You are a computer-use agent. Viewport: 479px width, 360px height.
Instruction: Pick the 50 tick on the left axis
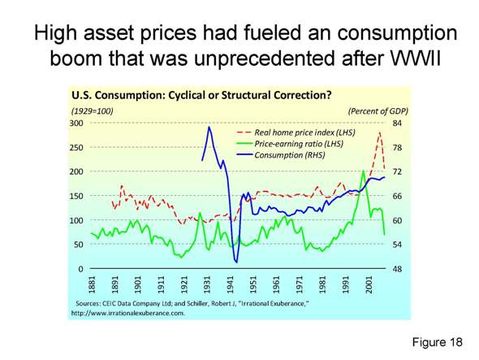78,245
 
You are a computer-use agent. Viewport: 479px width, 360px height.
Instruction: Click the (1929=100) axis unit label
93,110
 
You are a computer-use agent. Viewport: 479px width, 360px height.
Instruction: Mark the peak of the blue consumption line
209,127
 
